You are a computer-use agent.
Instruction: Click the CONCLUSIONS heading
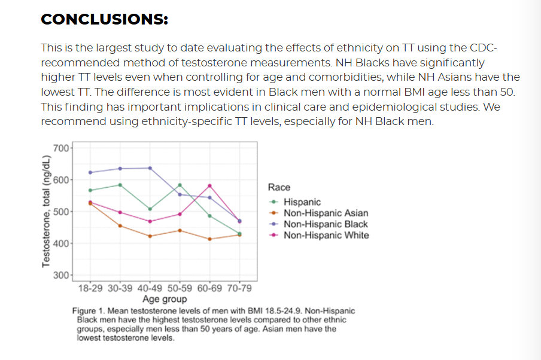click(x=104, y=20)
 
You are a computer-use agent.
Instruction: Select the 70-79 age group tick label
click(x=239, y=288)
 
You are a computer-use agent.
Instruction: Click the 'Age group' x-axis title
click(x=165, y=299)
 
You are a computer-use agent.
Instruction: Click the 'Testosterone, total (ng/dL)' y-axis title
click(x=45, y=211)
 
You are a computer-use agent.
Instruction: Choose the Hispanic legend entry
click(x=302, y=202)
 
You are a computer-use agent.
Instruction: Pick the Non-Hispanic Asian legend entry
click(x=326, y=213)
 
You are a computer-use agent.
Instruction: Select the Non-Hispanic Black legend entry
click(x=326, y=224)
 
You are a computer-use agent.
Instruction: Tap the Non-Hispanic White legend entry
click(x=326, y=235)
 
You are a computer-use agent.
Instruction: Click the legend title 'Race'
click(x=279, y=187)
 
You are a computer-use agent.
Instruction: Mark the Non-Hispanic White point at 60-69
click(x=209, y=186)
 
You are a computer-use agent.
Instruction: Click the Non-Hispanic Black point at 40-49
click(x=150, y=168)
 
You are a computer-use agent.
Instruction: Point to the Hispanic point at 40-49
click(x=150, y=209)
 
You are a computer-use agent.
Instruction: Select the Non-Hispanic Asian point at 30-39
click(x=120, y=225)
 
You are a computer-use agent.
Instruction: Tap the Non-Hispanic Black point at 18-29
click(x=90, y=172)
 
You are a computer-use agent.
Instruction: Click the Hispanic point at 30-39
click(x=120, y=185)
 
